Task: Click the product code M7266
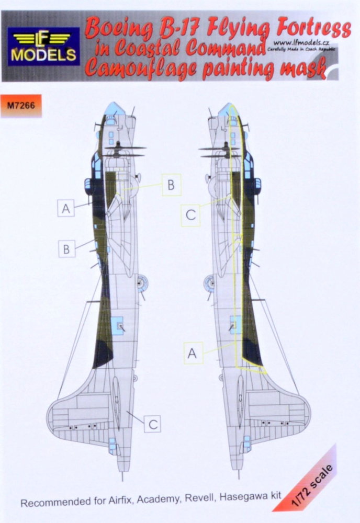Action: [21, 105]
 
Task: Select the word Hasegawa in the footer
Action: [246, 497]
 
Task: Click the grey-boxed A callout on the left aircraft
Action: [66, 208]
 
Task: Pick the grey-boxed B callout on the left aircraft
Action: [66, 248]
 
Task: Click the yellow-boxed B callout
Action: [171, 185]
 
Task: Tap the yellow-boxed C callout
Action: [190, 215]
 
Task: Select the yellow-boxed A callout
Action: [193, 353]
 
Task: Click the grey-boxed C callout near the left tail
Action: [152, 424]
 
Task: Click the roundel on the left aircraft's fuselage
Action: [140, 283]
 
